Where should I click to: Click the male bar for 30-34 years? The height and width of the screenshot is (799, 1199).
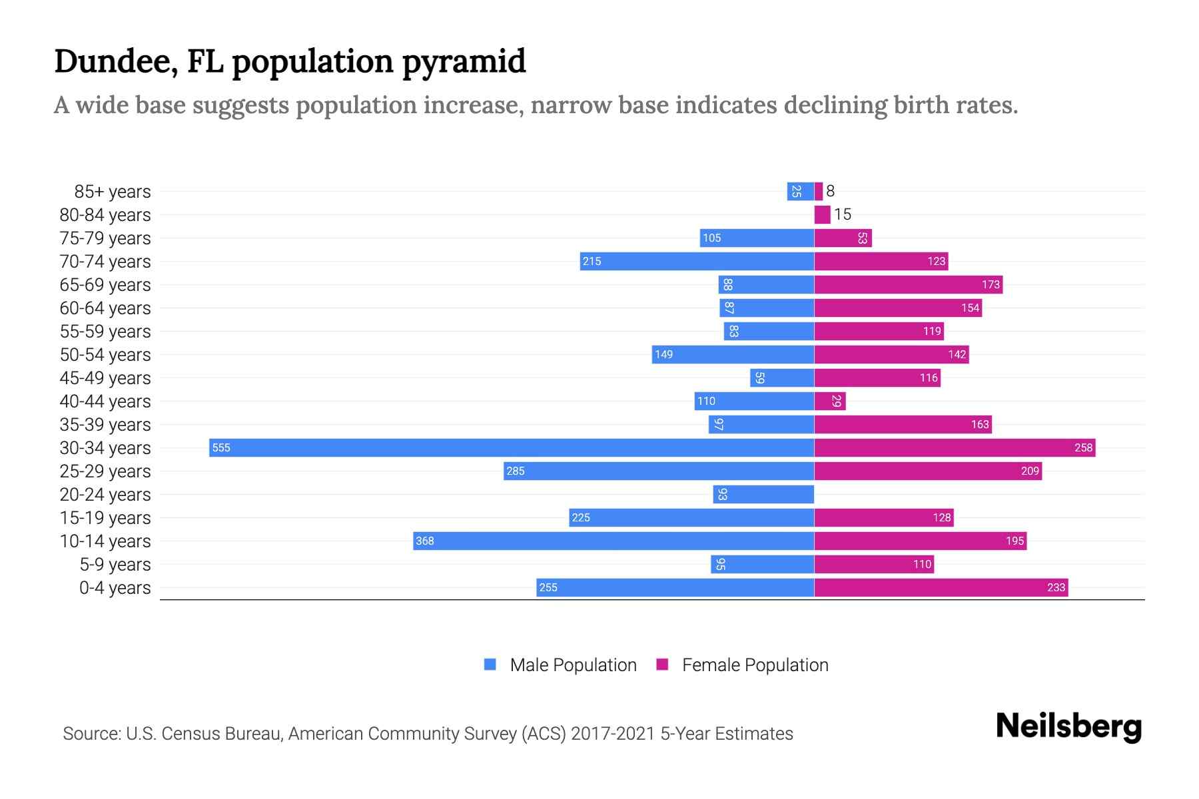pos(512,447)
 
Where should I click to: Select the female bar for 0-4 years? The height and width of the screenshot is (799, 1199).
pos(941,587)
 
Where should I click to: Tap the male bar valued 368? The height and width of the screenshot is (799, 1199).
pos(613,541)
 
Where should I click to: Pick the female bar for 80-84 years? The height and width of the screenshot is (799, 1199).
pos(822,214)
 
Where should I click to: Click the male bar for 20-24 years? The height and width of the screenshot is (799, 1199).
pos(763,494)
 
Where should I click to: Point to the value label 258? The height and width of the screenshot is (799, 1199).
pos(1083,447)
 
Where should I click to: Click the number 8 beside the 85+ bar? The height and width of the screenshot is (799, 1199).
pos(830,191)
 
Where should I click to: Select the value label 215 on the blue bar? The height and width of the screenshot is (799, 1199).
pos(592,261)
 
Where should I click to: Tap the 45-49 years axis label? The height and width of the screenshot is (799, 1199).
pos(105,378)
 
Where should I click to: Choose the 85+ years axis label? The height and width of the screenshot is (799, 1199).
pos(113,191)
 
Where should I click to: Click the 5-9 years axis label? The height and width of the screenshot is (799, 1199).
pos(115,564)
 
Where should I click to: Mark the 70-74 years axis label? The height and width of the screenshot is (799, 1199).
pos(105,261)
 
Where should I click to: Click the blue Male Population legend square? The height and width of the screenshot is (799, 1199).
pos(490,665)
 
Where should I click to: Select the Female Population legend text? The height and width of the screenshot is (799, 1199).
pos(755,665)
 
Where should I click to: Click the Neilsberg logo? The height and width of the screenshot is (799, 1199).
pos(1068,726)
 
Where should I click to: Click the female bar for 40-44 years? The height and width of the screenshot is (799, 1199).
pos(829,401)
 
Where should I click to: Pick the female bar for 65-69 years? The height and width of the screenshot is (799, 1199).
pos(908,284)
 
